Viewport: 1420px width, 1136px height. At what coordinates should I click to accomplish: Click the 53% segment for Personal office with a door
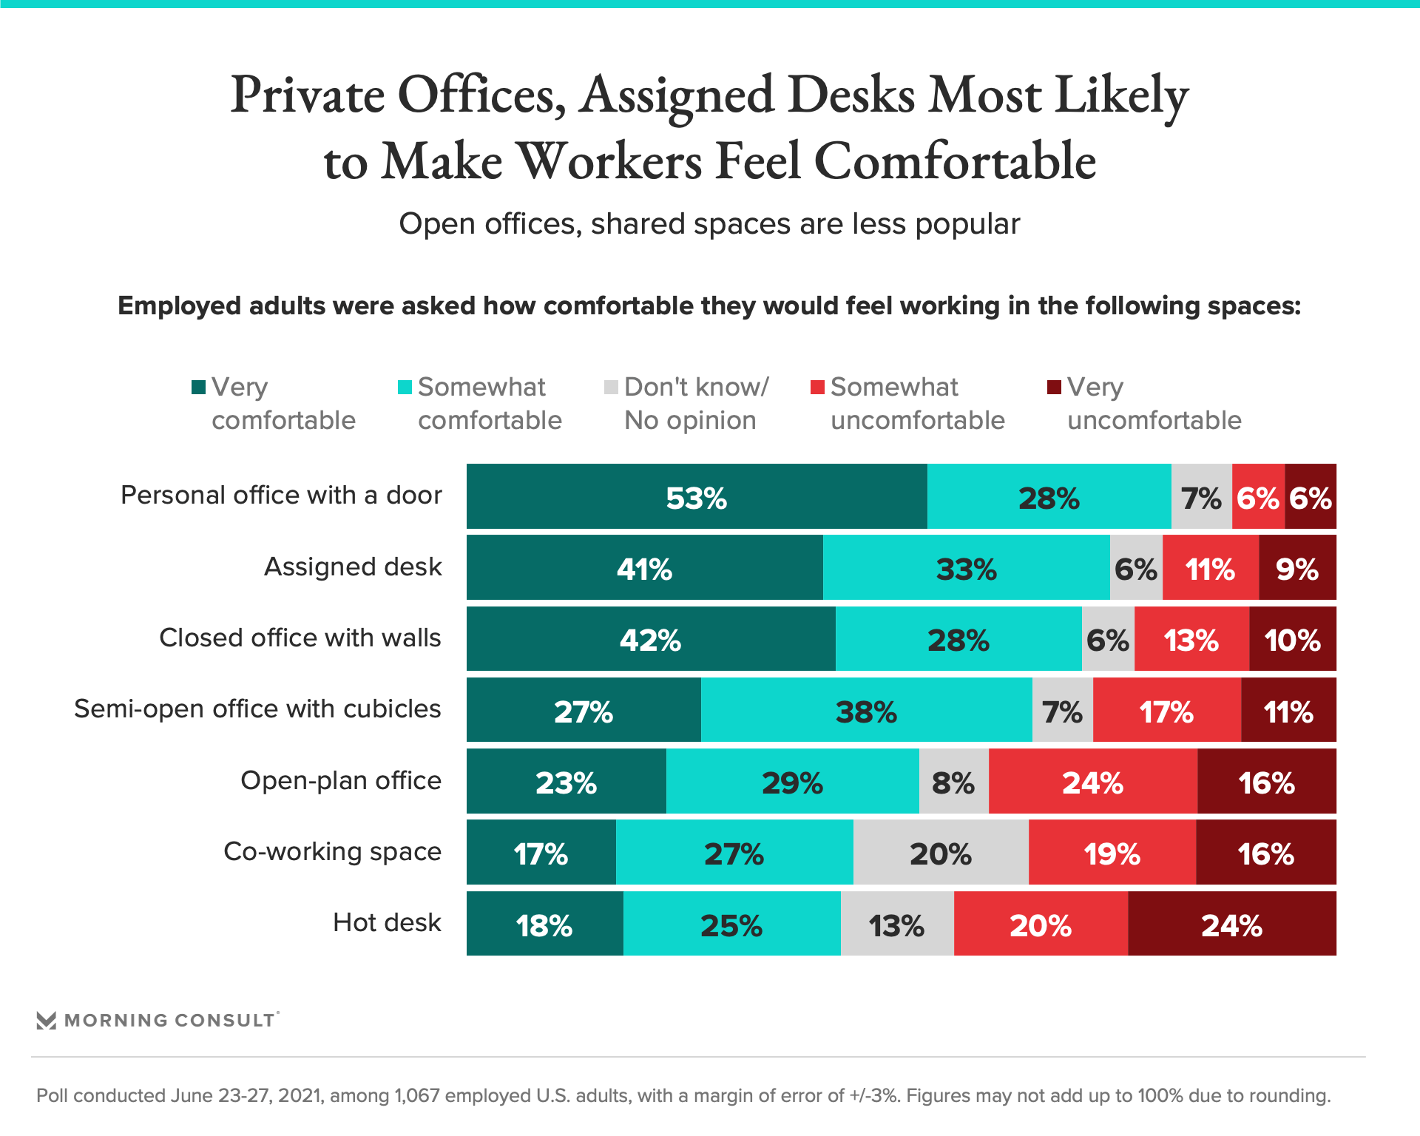[696, 497]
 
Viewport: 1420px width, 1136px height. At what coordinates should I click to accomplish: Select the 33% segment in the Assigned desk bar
[966, 568]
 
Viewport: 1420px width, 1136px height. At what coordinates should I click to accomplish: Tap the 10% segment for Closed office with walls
[1292, 639]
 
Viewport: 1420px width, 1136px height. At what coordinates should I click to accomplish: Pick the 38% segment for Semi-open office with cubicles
[866, 711]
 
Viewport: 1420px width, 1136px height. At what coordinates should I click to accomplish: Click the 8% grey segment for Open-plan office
[953, 782]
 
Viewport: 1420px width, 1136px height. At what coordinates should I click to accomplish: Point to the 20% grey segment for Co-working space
[940, 853]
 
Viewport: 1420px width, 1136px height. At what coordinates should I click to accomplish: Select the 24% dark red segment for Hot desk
[1231, 924]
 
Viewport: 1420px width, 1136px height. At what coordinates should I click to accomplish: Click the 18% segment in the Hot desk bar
[544, 924]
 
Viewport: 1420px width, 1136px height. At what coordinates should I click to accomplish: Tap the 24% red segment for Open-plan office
[1092, 782]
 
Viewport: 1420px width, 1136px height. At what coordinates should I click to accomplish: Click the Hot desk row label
[386, 922]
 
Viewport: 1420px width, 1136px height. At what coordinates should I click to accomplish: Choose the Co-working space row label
[332, 851]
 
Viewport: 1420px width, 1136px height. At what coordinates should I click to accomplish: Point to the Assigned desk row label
[353, 567]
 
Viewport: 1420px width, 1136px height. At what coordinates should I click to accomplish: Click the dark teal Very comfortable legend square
[198, 387]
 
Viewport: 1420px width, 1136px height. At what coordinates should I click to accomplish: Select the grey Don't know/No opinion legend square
[611, 387]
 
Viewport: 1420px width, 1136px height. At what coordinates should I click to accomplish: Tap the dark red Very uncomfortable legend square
[1054, 387]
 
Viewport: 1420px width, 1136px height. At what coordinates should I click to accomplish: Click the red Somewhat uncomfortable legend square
[817, 387]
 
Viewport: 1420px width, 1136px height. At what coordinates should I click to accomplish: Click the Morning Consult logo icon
[47, 1021]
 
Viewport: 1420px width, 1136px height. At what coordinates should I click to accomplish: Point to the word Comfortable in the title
[954, 160]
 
